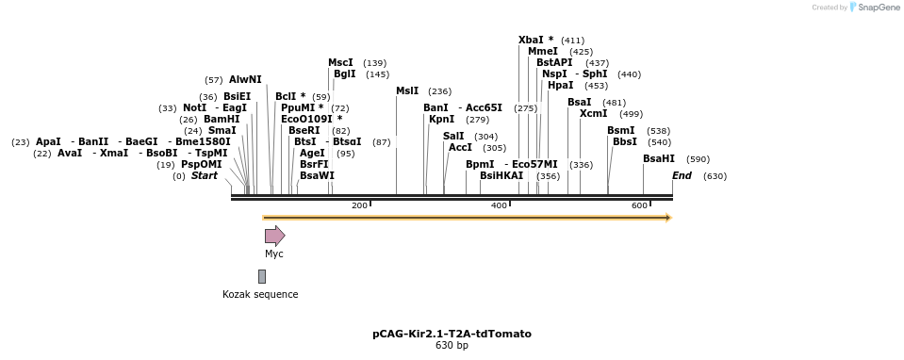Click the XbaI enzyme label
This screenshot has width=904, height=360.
(532, 41)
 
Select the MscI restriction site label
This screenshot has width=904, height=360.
(340, 62)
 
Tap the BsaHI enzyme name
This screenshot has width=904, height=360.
(659, 158)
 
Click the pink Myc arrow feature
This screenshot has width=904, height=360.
(274, 236)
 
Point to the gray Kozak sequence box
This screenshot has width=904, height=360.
(262, 276)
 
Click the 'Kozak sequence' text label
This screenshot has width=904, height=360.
(260, 294)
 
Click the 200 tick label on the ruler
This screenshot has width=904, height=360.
(358, 205)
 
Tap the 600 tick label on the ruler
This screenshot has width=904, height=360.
(638, 205)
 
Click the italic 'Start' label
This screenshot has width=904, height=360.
(204, 175)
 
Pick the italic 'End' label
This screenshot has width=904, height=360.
(682, 175)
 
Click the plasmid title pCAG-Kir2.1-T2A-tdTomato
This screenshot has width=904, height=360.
(452, 334)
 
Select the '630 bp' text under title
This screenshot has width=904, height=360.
(452, 346)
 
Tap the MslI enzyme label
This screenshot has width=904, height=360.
(407, 90)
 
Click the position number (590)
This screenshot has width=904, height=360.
(698, 159)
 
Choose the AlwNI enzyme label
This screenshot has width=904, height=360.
(245, 79)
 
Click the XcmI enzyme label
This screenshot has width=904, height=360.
(593, 113)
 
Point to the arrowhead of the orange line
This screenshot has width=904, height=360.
(667, 218)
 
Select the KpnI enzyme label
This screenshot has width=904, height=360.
(441, 119)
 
